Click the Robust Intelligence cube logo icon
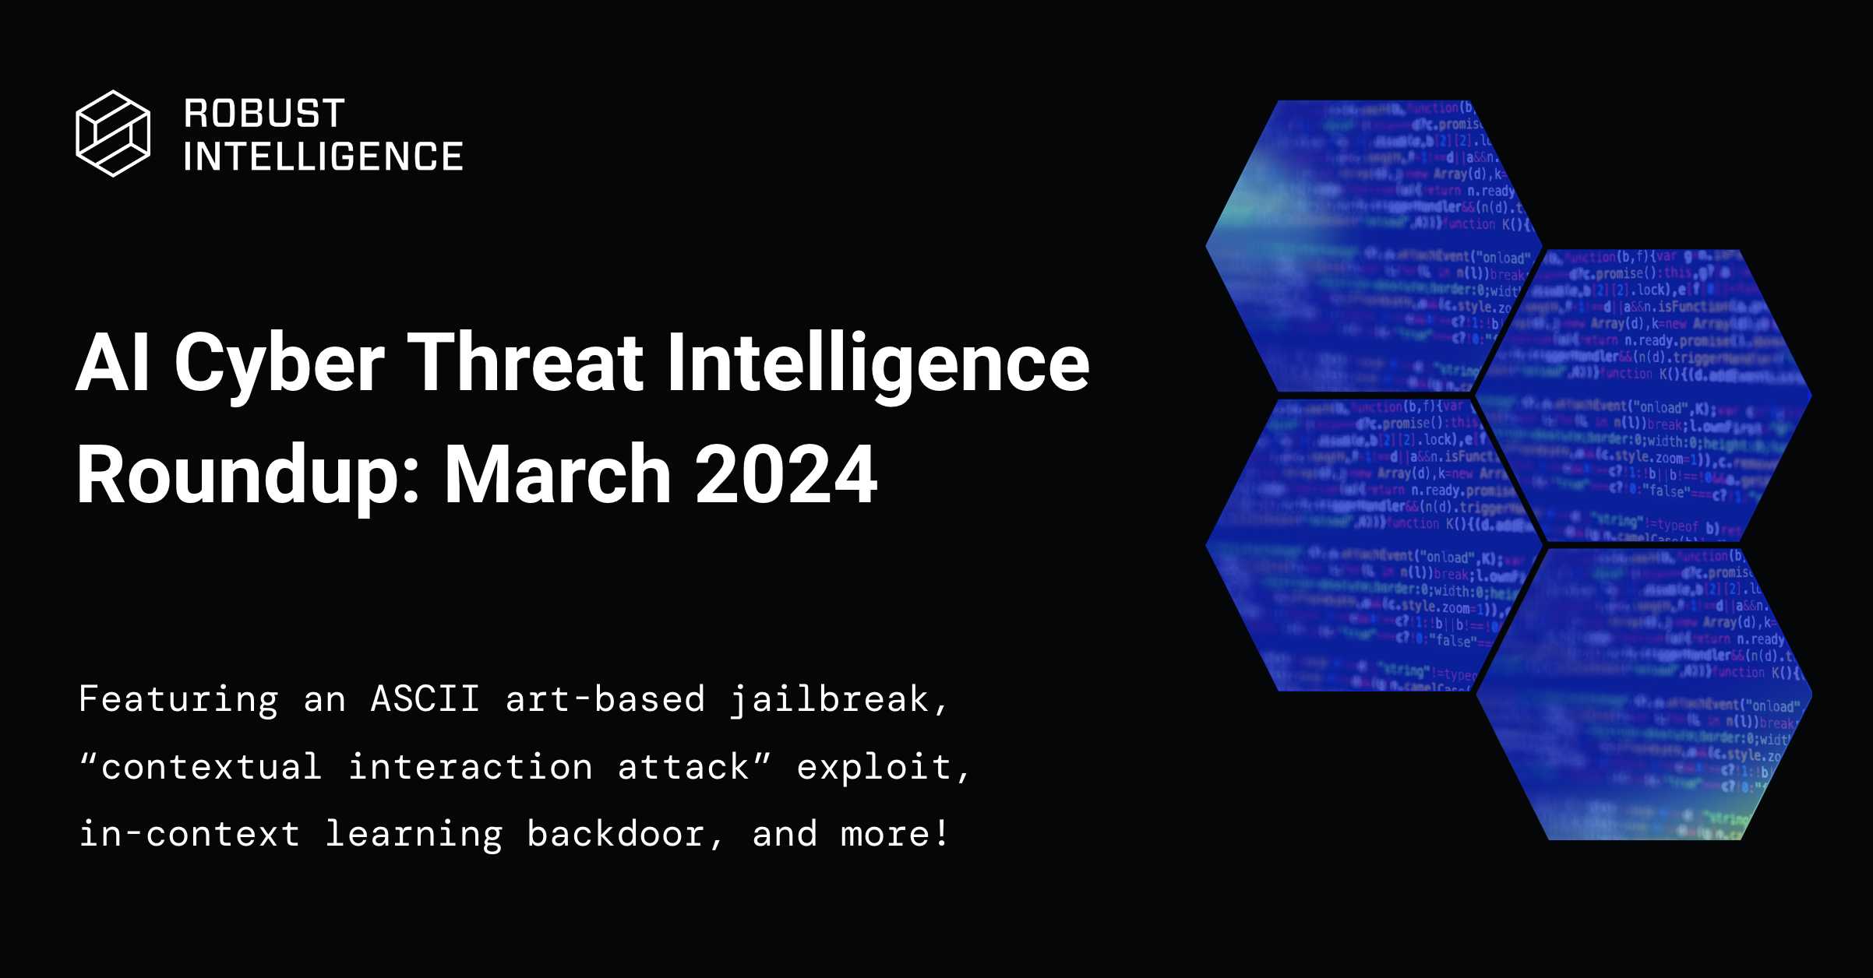point(113,133)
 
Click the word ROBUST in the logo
point(265,114)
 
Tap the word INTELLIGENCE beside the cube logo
point(323,157)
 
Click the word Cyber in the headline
point(279,364)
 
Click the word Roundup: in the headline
point(249,475)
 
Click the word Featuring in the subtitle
point(178,699)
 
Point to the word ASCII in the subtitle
point(425,698)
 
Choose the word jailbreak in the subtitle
point(830,699)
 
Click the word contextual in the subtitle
point(211,767)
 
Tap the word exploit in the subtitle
point(873,768)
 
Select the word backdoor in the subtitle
point(616,834)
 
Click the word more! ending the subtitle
point(895,834)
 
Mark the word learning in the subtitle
point(414,835)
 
